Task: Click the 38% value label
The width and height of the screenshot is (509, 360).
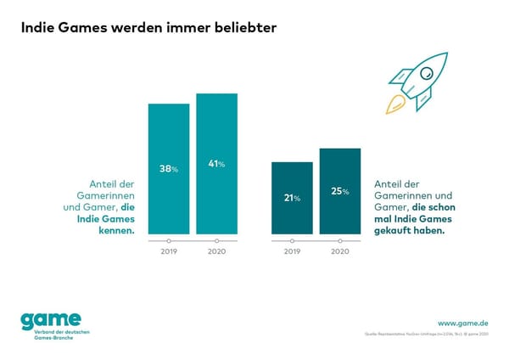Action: coord(169,169)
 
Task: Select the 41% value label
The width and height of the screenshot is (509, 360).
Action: coord(216,164)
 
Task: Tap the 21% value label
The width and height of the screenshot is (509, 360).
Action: coord(292,198)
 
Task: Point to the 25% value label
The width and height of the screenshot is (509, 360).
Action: coord(339,191)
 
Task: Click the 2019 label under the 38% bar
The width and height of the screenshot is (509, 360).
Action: coord(169,252)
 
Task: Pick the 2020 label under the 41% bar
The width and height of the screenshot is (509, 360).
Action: coord(216,252)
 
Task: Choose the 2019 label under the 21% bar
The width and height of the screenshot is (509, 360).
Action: coord(292,252)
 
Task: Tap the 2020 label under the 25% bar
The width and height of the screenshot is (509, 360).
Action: coord(339,252)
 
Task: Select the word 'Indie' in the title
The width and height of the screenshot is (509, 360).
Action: coord(41,28)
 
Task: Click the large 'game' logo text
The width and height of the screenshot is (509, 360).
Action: coord(51,319)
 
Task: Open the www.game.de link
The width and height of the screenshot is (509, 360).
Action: coord(462,323)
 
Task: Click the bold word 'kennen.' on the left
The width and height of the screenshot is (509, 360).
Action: coord(116,230)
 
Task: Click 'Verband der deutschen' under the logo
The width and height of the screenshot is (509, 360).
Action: coord(57,332)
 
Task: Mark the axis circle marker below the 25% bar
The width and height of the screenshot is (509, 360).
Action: coord(339,240)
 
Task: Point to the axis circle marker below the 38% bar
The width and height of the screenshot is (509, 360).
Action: coord(169,240)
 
